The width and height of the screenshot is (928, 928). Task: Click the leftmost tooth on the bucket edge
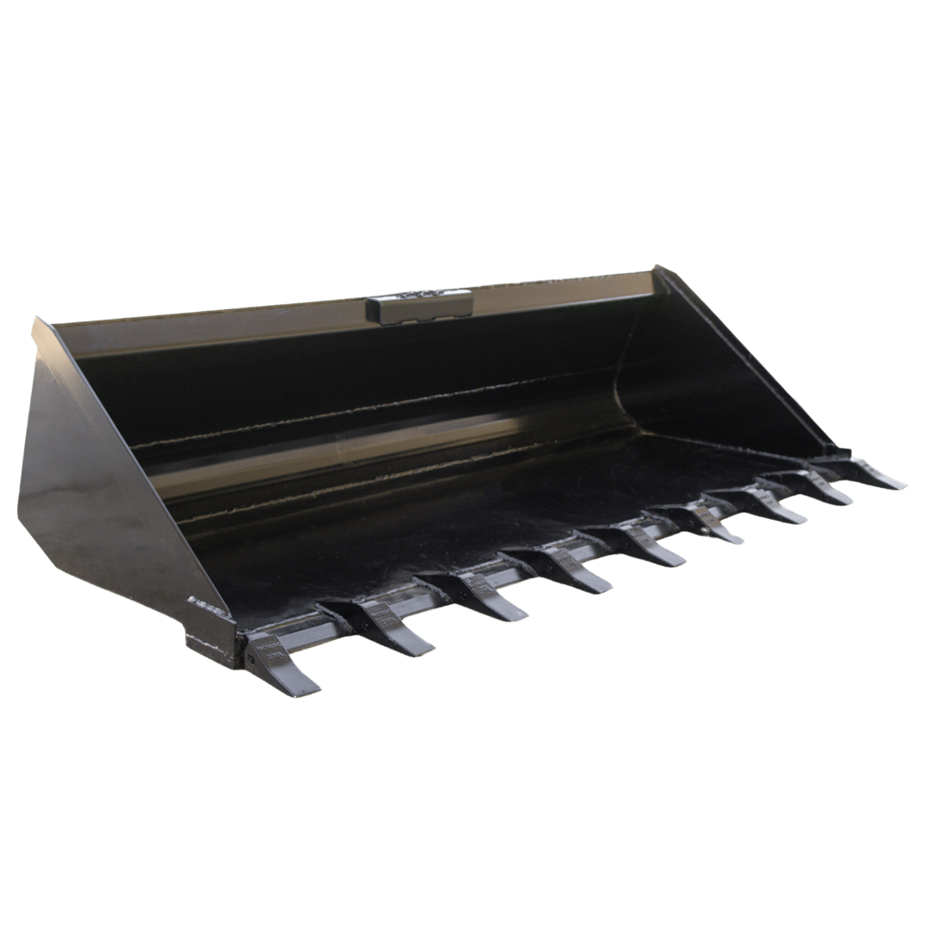pos(279,662)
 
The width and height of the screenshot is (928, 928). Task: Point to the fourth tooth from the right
pos(705,524)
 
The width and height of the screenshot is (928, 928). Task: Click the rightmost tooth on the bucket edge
pos(864,473)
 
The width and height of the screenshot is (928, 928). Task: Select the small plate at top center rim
pos(419,306)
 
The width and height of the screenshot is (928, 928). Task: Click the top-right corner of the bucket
pos(657,268)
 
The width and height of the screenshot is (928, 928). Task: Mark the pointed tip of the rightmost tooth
pos(904,486)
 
